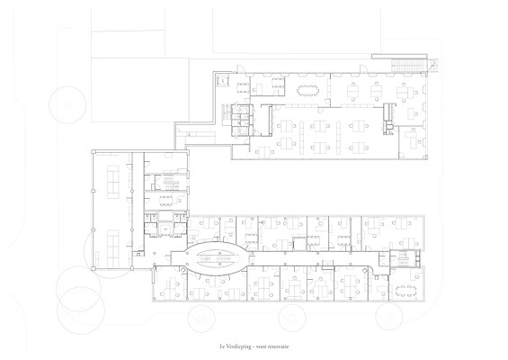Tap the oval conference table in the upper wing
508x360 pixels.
[x=307, y=89]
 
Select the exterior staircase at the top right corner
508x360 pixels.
[x=408, y=65]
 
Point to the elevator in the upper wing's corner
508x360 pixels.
[x=223, y=80]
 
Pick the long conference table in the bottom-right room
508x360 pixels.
[x=406, y=290]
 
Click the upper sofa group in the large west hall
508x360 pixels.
[x=113, y=183]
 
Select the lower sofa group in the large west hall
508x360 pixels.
[x=113, y=248]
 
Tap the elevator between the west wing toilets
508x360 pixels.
[x=165, y=229]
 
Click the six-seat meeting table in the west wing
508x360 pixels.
[x=166, y=201]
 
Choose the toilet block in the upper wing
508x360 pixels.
[x=242, y=120]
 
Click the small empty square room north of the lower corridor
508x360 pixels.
[x=299, y=244]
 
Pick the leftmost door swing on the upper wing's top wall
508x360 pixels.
[x=240, y=69]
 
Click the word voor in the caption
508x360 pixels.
[x=261, y=346]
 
